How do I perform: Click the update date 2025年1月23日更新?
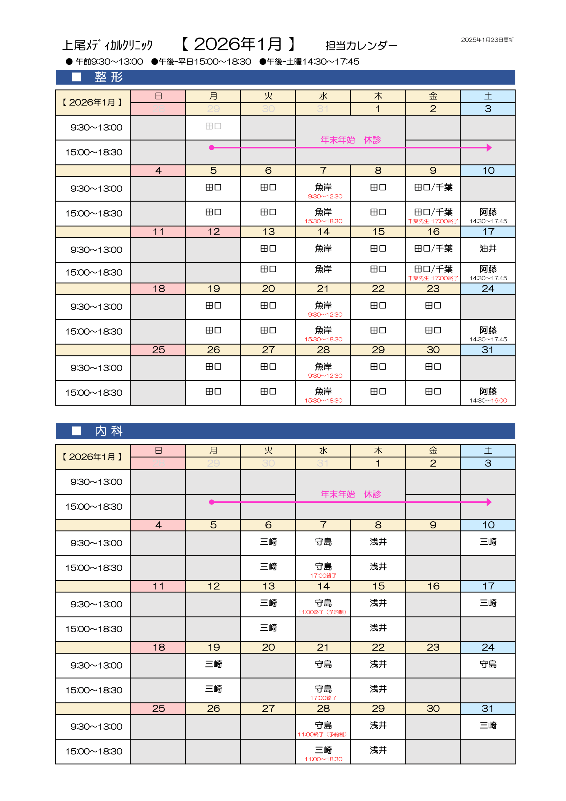pyautogui.click(x=487, y=40)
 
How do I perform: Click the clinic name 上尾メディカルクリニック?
pyautogui.click(x=107, y=45)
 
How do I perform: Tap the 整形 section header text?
pyautogui.click(x=109, y=77)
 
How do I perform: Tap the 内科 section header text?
pyautogui.click(x=109, y=431)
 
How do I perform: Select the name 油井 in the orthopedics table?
pyautogui.click(x=488, y=248)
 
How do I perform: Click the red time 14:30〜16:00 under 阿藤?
pyautogui.click(x=488, y=400)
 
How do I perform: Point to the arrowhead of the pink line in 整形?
pyautogui.click(x=489, y=148)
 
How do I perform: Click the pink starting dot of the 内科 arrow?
pyautogui.click(x=211, y=502)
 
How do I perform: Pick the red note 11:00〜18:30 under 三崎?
pyautogui.click(x=323, y=759)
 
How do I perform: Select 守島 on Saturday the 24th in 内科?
pyautogui.click(x=488, y=664)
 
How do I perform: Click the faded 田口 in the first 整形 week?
pyautogui.click(x=213, y=126)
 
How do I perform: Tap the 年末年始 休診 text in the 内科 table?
pyautogui.click(x=351, y=494)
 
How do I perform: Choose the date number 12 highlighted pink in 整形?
pyautogui.click(x=214, y=232)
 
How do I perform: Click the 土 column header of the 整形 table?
pyautogui.click(x=488, y=96)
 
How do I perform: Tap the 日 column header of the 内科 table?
pyautogui.click(x=158, y=450)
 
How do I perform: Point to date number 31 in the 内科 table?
pyautogui.click(x=488, y=709)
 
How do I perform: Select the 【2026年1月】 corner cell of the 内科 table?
pyautogui.click(x=93, y=457)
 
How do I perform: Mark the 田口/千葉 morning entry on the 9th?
pyautogui.click(x=433, y=187)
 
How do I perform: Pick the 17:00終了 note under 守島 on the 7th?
pyautogui.click(x=323, y=576)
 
